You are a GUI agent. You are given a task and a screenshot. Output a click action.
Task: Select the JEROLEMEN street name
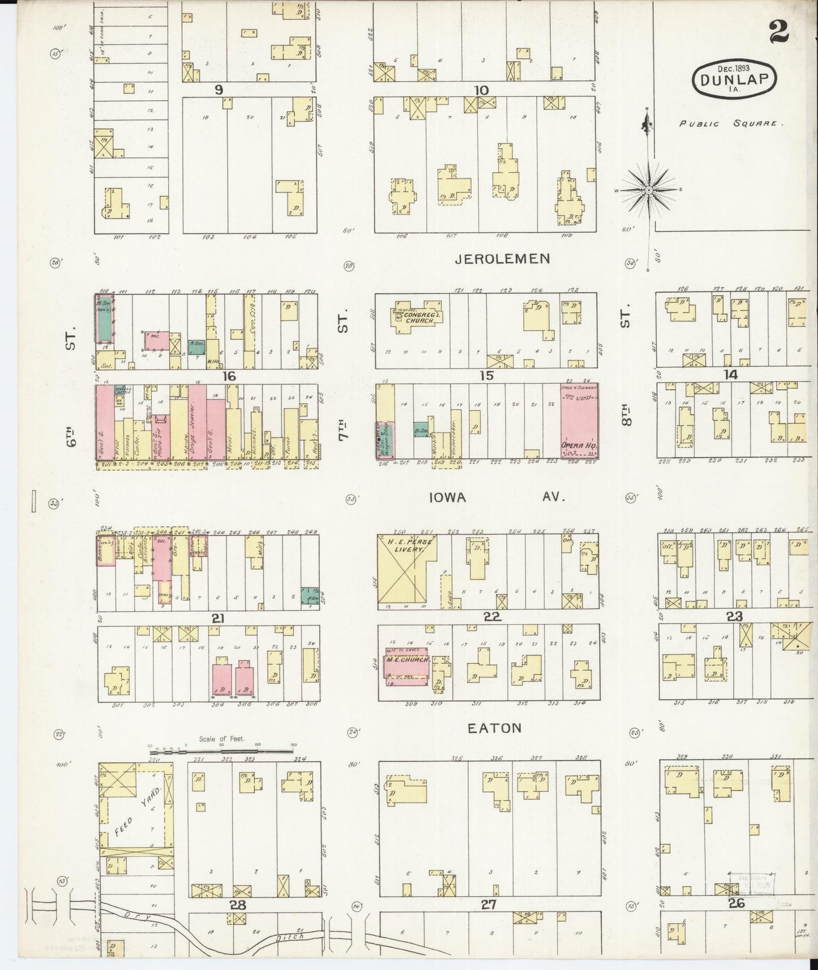502,259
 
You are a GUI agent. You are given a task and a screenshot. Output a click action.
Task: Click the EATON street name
495,727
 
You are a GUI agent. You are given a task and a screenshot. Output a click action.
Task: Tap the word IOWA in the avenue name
447,497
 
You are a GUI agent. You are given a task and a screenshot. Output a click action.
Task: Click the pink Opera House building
579,420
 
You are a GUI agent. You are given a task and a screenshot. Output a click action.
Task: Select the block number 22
492,617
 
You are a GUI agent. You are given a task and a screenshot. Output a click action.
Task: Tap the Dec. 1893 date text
734,67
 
